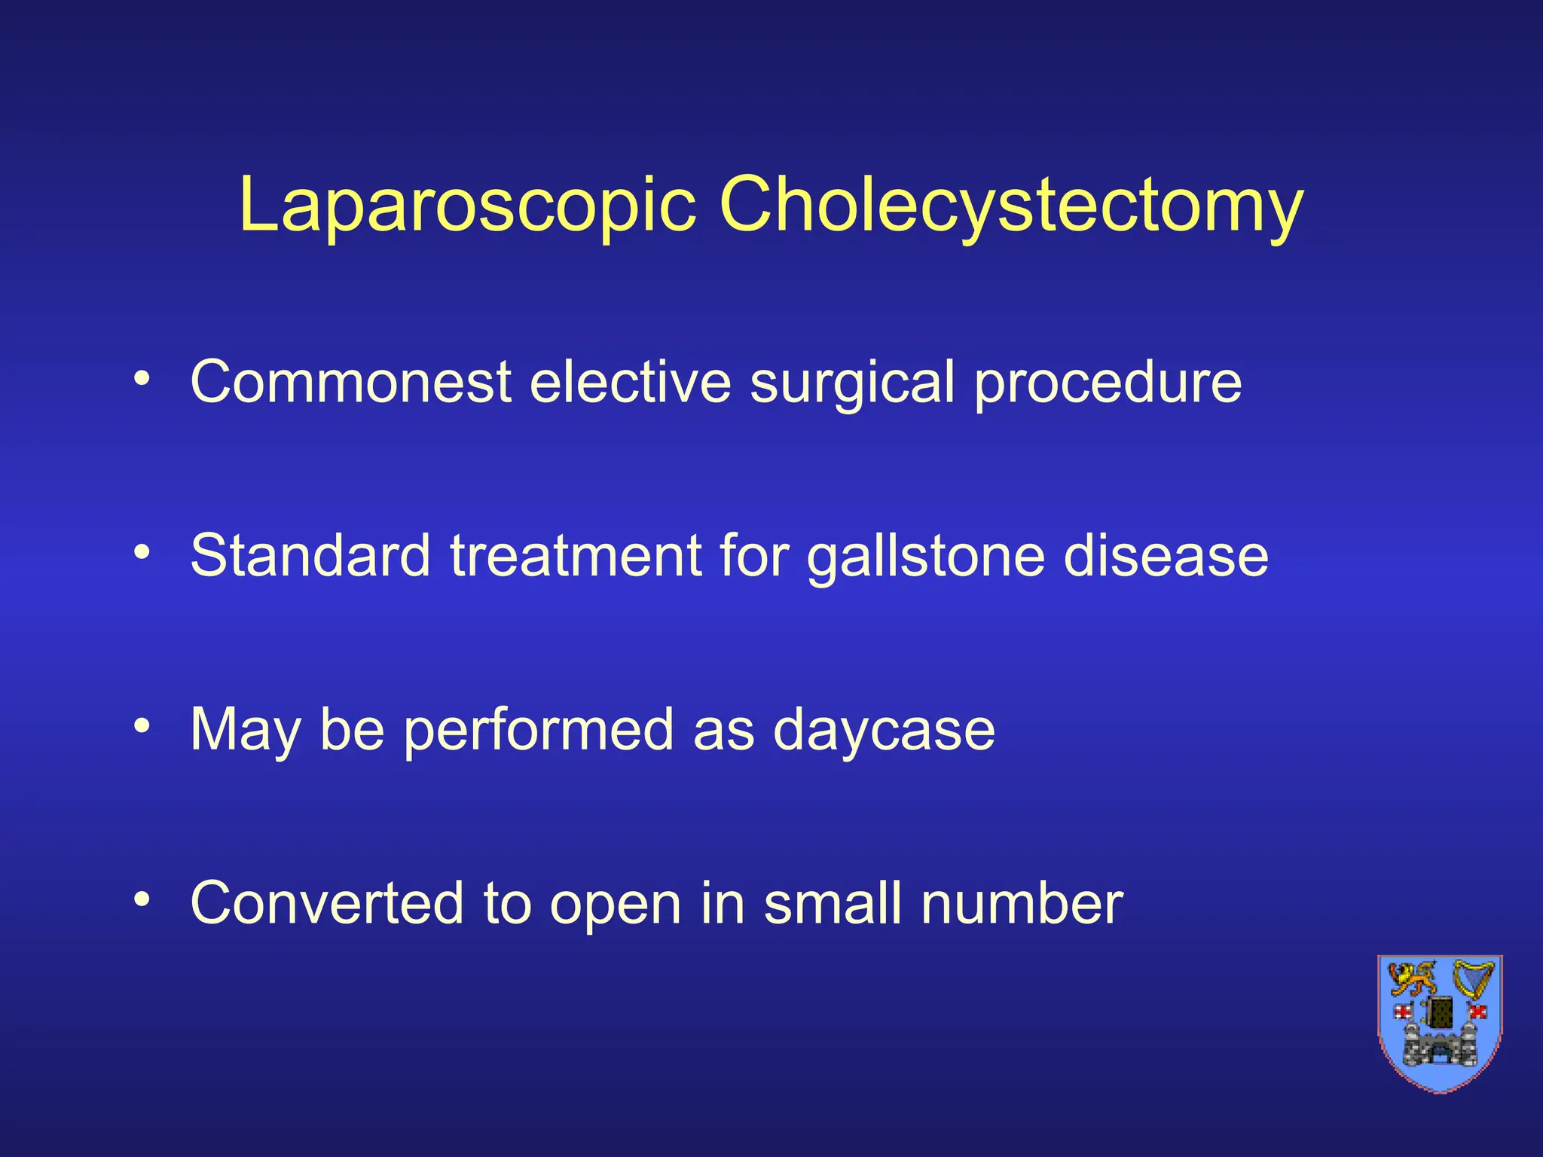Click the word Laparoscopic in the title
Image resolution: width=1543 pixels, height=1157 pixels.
point(467,206)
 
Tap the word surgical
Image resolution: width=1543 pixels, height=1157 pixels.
point(852,383)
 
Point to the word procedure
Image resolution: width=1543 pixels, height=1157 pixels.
point(1108,383)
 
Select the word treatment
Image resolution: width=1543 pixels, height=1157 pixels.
point(576,555)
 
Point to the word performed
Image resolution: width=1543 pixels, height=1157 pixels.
point(538,731)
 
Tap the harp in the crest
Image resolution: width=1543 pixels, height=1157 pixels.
point(1472,979)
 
